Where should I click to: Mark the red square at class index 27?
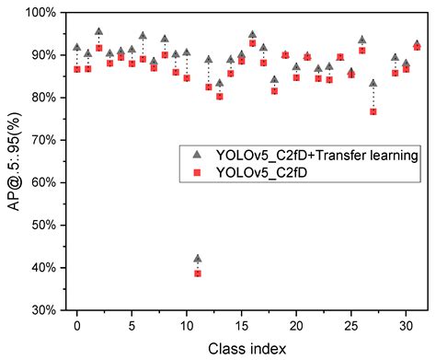[373, 111]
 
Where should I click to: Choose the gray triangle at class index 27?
[373, 83]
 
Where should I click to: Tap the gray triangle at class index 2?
[98, 31]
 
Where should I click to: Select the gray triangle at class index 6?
[143, 36]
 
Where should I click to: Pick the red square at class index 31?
[417, 46]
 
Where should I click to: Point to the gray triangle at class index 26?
[361, 40]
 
